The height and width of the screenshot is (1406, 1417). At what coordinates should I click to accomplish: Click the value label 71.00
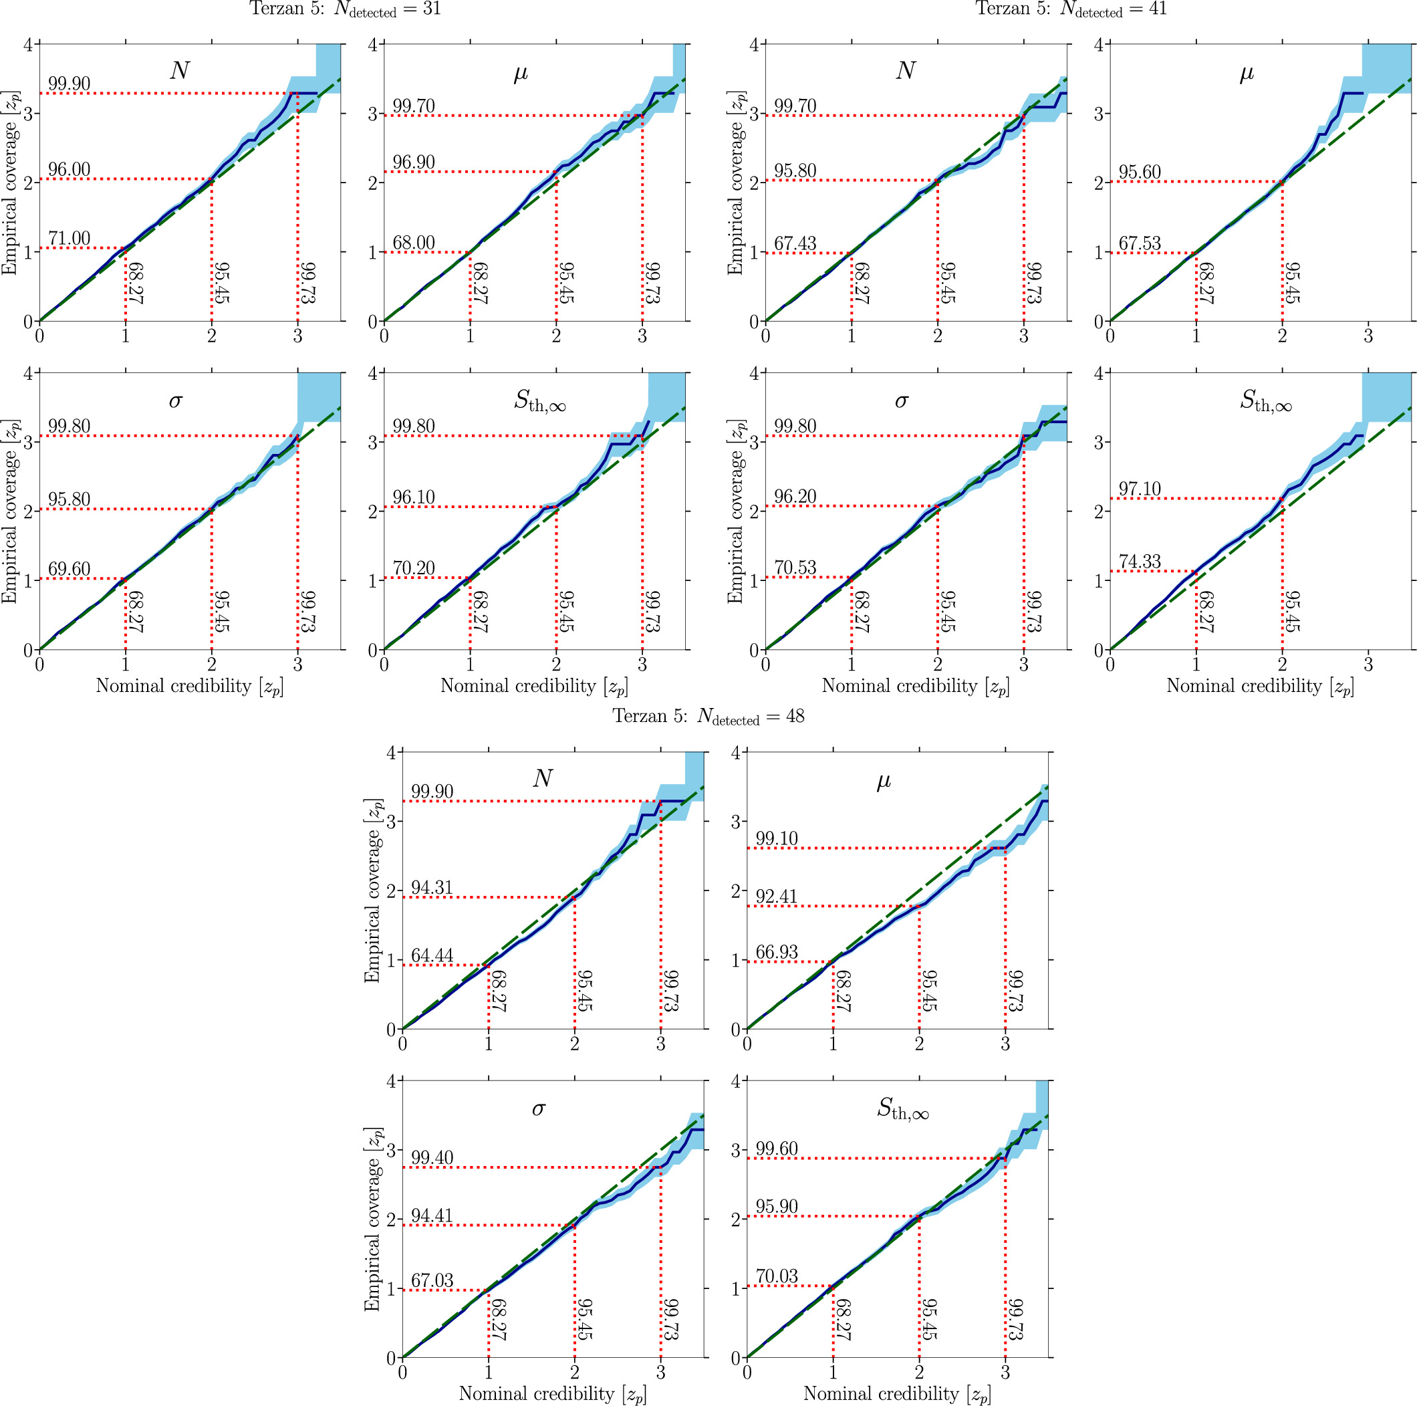pyautogui.click(x=69, y=239)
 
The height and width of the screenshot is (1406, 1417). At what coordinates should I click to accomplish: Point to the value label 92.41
pyautogui.click(x=776, y=897)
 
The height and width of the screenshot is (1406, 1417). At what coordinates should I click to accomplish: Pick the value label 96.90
pyautogui.click(x=414, y=162)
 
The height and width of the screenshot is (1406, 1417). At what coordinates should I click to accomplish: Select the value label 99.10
pyautogui.click(x=776, y=838)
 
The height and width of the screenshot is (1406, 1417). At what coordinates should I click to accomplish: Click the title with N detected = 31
pyautogui.click(x=346, y=9)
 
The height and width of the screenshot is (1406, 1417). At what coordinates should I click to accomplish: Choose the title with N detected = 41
pyautogui.click(x=1070, y=9)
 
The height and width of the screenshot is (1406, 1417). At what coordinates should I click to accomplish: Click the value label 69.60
pyautogui.click(x=69, y=569)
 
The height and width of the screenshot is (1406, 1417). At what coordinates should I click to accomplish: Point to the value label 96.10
pyautogui.click(x=414, y=497)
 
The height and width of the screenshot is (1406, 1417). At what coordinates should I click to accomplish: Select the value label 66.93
pyautogui.click(x=776, y=952)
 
